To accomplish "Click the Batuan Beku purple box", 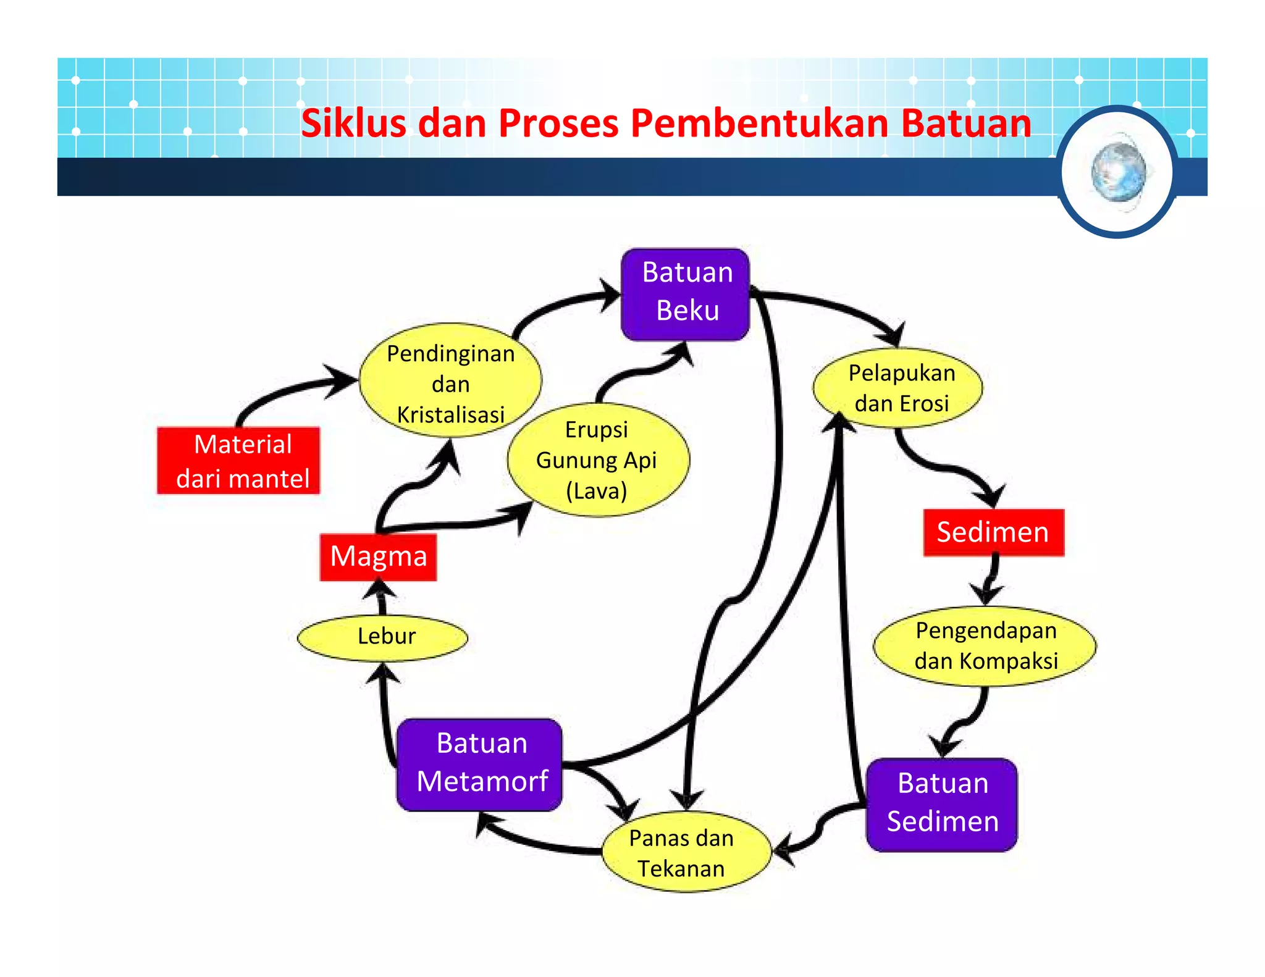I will click(686, 293).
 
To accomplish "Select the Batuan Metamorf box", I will click(480, 764).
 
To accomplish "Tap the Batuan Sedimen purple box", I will click(941, 803).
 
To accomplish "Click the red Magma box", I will click(378, 556).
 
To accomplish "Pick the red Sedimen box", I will click(993, 532).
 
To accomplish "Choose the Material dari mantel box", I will click(240, 461).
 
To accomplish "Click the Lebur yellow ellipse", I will click(383, 637).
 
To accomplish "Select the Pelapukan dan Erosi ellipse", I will click(899, 388).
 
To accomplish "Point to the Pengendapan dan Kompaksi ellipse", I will click(985, 646).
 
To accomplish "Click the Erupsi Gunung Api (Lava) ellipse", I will click(597, 460).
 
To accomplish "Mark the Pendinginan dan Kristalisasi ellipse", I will click(451, 382).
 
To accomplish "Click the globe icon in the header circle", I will click(1119, 171).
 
